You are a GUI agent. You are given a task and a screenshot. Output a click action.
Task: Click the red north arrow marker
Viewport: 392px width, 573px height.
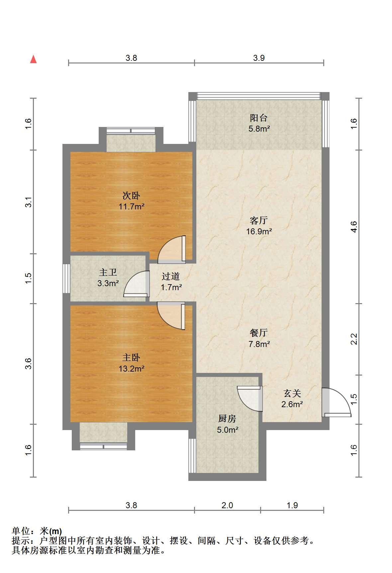tap(33, 59)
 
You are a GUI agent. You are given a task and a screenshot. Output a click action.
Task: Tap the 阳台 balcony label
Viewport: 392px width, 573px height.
tap(258, 118)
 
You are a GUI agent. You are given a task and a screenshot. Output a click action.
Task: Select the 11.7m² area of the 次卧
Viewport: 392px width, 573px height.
tap(132, 207)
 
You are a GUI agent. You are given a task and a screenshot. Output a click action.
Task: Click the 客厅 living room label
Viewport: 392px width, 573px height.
tap(259, 220)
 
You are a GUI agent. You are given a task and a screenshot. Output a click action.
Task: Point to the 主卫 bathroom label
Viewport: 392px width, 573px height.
tap(108, 273)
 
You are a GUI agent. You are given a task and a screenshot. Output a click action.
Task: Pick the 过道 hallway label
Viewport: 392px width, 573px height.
tap(171, 276)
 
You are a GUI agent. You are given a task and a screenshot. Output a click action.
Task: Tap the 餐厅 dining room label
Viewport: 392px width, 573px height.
tap(259, 333)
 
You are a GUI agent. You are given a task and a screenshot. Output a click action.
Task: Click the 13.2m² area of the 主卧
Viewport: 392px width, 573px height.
tap(132, 369)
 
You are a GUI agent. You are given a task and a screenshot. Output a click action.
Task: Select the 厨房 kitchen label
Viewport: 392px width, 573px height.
tap(227, 418)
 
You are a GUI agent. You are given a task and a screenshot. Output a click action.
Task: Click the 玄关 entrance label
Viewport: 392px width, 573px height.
tap(292, 394)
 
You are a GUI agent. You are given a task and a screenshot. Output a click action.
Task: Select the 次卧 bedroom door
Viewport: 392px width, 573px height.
tap(171, 249)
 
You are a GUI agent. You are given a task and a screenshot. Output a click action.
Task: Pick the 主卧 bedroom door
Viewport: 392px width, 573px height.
tap(171, 316)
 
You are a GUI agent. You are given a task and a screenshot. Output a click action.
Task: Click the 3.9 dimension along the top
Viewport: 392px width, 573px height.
tap(259, 58)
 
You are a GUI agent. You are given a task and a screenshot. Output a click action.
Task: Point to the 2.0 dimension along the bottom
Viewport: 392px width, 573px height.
tap(227, 506)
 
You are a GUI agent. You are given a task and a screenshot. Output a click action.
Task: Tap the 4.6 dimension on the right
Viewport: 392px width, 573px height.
tap(354, 227)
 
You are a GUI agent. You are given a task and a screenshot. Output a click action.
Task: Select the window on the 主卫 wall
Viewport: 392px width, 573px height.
tap(66, 279)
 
